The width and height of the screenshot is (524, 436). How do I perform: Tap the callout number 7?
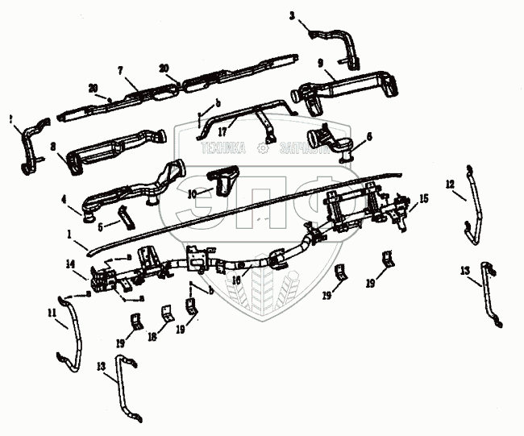(x=121, y=71)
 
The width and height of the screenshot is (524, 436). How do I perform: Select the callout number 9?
(x=320, y=62)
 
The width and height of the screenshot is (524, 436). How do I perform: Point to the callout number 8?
(x=52, y=147)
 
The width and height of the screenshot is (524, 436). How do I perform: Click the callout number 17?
(x=232, y=124)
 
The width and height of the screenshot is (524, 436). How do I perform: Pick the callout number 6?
(x=369, y=137)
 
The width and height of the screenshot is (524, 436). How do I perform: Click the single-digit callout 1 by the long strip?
(x=71, y=234)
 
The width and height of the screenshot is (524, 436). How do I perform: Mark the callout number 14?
(x=70, y=264)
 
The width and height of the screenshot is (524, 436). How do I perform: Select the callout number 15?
(x=424, y=197)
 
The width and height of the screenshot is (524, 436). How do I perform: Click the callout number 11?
(x=52, y=312)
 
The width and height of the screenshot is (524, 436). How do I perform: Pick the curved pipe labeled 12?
(x=472, y=214)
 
